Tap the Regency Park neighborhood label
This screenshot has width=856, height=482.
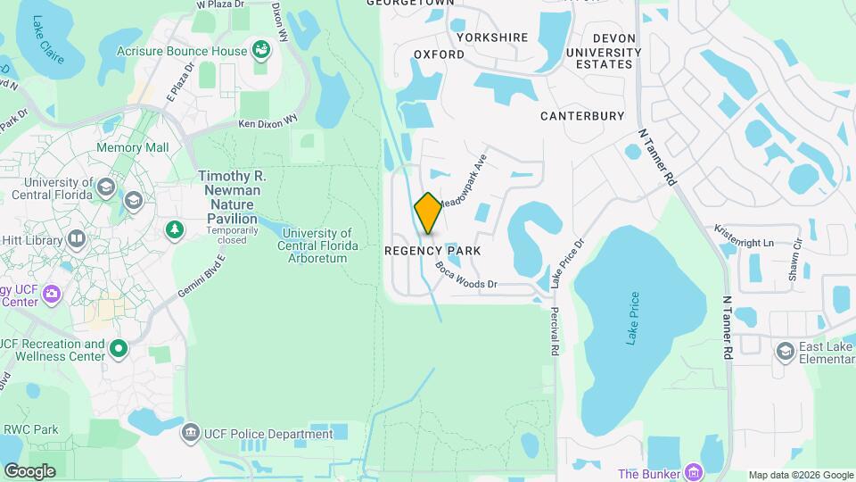(x=432, y=251)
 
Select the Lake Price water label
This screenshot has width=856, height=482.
(x=632, y=319)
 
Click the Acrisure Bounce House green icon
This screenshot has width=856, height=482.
(x=261, y=50)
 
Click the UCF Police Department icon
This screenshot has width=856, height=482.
(x=189, y=434)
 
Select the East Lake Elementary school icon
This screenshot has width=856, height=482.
(x=785, y=349)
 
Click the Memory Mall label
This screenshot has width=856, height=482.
(x=132, y=147)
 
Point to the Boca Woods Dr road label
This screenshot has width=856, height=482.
(x=465, y=275)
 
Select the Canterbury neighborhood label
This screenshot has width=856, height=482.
(x=582, y=116)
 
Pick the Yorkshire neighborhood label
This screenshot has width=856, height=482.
(x=492, y=37)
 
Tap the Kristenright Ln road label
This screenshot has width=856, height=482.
(x=744, y=237)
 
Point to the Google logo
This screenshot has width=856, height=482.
(x=29, y=470)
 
